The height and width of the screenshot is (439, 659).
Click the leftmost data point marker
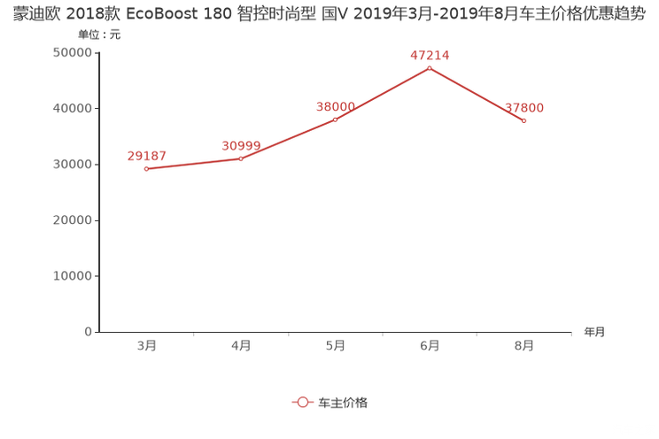click(146, 168)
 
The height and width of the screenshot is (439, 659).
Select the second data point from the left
click(241, 158)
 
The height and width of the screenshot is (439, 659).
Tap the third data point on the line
click(336, 119)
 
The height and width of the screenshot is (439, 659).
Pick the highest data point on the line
click(430, 68)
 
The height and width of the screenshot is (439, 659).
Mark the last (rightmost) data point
click(524, 121)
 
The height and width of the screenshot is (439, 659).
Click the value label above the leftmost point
click(146, 156)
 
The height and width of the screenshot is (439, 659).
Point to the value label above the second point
click(241, 144)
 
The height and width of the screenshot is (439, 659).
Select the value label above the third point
click(336, 106)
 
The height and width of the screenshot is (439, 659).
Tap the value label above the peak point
click(430, 55)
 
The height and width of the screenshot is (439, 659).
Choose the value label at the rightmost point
click(524, 108)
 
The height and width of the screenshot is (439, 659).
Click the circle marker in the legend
click(303, 402)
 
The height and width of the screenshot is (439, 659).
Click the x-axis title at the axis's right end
click(594, 333)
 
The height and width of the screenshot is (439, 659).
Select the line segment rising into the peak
click(383, 94)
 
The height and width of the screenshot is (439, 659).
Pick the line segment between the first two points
click(193, 164)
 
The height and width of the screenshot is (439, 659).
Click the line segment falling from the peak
click(477, 95)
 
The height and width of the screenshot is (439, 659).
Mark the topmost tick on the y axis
click(96, 52)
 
